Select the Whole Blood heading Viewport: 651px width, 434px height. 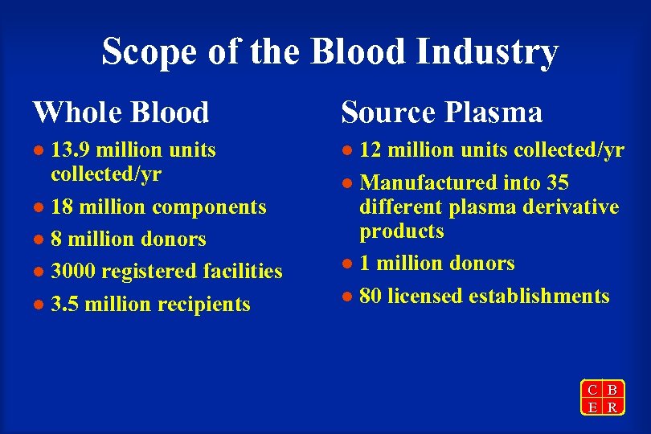click(x=121, y=113)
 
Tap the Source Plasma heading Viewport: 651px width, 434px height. click(x=442, y=113)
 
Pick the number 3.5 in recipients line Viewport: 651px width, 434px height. click(x=64, y=305)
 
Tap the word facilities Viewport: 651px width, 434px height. click(x=243, y=272)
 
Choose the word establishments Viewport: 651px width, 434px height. click(x=539, y=296)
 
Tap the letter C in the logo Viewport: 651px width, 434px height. click(x=592, y=391)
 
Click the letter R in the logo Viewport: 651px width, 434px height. click(x=612, y=407)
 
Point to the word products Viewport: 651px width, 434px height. click(x=402, y=231)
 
